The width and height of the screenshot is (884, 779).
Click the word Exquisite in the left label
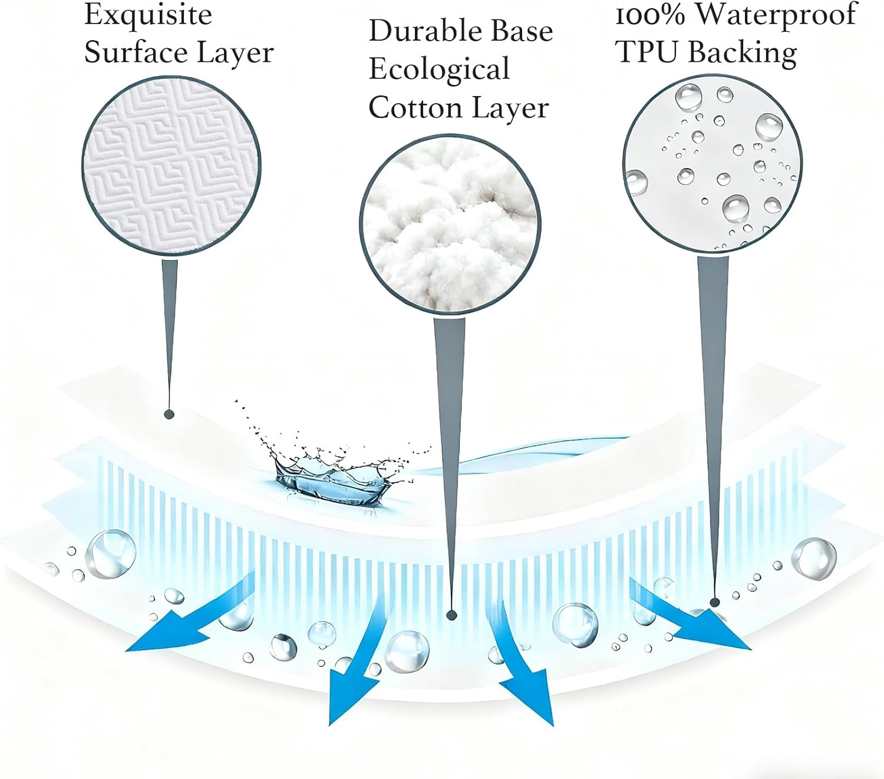click(148, 15)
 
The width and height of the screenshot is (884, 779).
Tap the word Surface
click(136, 52)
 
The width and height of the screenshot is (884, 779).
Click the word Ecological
click(439, 70)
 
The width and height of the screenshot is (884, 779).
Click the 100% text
click(651, 15)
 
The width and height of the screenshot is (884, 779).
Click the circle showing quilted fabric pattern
click(171, 167)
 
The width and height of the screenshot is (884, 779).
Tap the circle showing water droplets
click(712, 163)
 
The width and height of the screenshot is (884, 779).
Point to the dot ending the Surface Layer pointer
click(169, 414)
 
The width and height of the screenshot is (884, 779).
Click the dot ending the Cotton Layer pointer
click(452, 615)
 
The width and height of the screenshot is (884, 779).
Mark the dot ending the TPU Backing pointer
click(715, 602)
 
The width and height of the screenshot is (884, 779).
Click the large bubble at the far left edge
click(111, 553)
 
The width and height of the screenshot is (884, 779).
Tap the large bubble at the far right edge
click(814, 557)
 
